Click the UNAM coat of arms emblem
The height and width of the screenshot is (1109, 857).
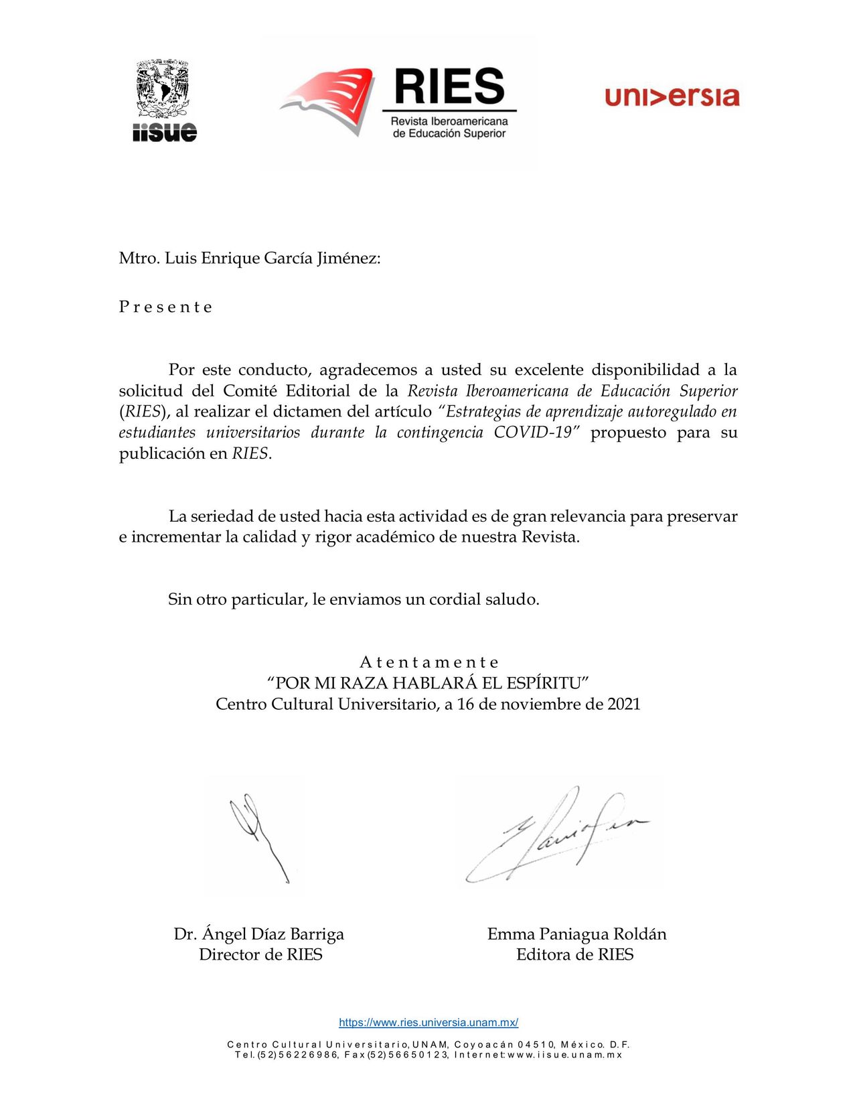(x=163, y=90)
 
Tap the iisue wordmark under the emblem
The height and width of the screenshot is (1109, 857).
(x=165, y=131)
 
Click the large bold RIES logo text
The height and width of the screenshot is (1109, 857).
(x=449, y=86)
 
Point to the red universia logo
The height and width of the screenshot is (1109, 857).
(x=672, y=96)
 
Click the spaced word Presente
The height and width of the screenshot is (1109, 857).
(x=165, y=307)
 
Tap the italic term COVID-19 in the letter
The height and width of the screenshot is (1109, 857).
(x=533, y=432)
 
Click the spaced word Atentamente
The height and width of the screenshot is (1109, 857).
(x=428, y=662)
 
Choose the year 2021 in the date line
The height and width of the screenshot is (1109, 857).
(x=624, y=704)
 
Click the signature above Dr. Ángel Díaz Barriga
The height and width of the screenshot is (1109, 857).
(x=258, y=837)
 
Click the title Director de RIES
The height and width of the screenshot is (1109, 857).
(x=260, y=954)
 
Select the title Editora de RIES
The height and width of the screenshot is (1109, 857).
(x=575, y=954)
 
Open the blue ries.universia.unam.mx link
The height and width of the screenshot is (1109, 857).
(x=428, y=1023)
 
